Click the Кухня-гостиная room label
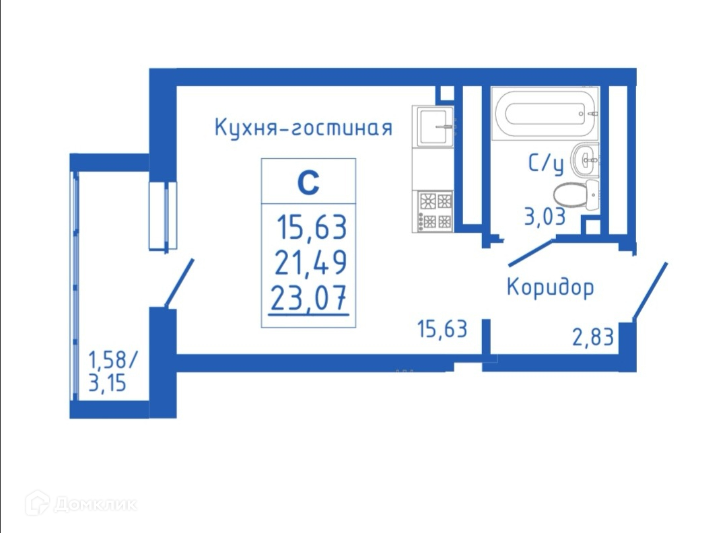click(303, 127)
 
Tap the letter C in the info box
click(308, 182)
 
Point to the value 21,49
click(310, 262)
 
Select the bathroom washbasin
click(584, 160)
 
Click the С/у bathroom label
click(546, 164)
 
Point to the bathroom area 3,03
click(545, 217)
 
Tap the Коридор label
click(550, 287)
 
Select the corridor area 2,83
click(593, 336)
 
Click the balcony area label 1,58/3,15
click(112, 372)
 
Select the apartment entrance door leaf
click(650, 289)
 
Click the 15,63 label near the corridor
click(442, 329)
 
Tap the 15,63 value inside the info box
click(312, 228)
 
